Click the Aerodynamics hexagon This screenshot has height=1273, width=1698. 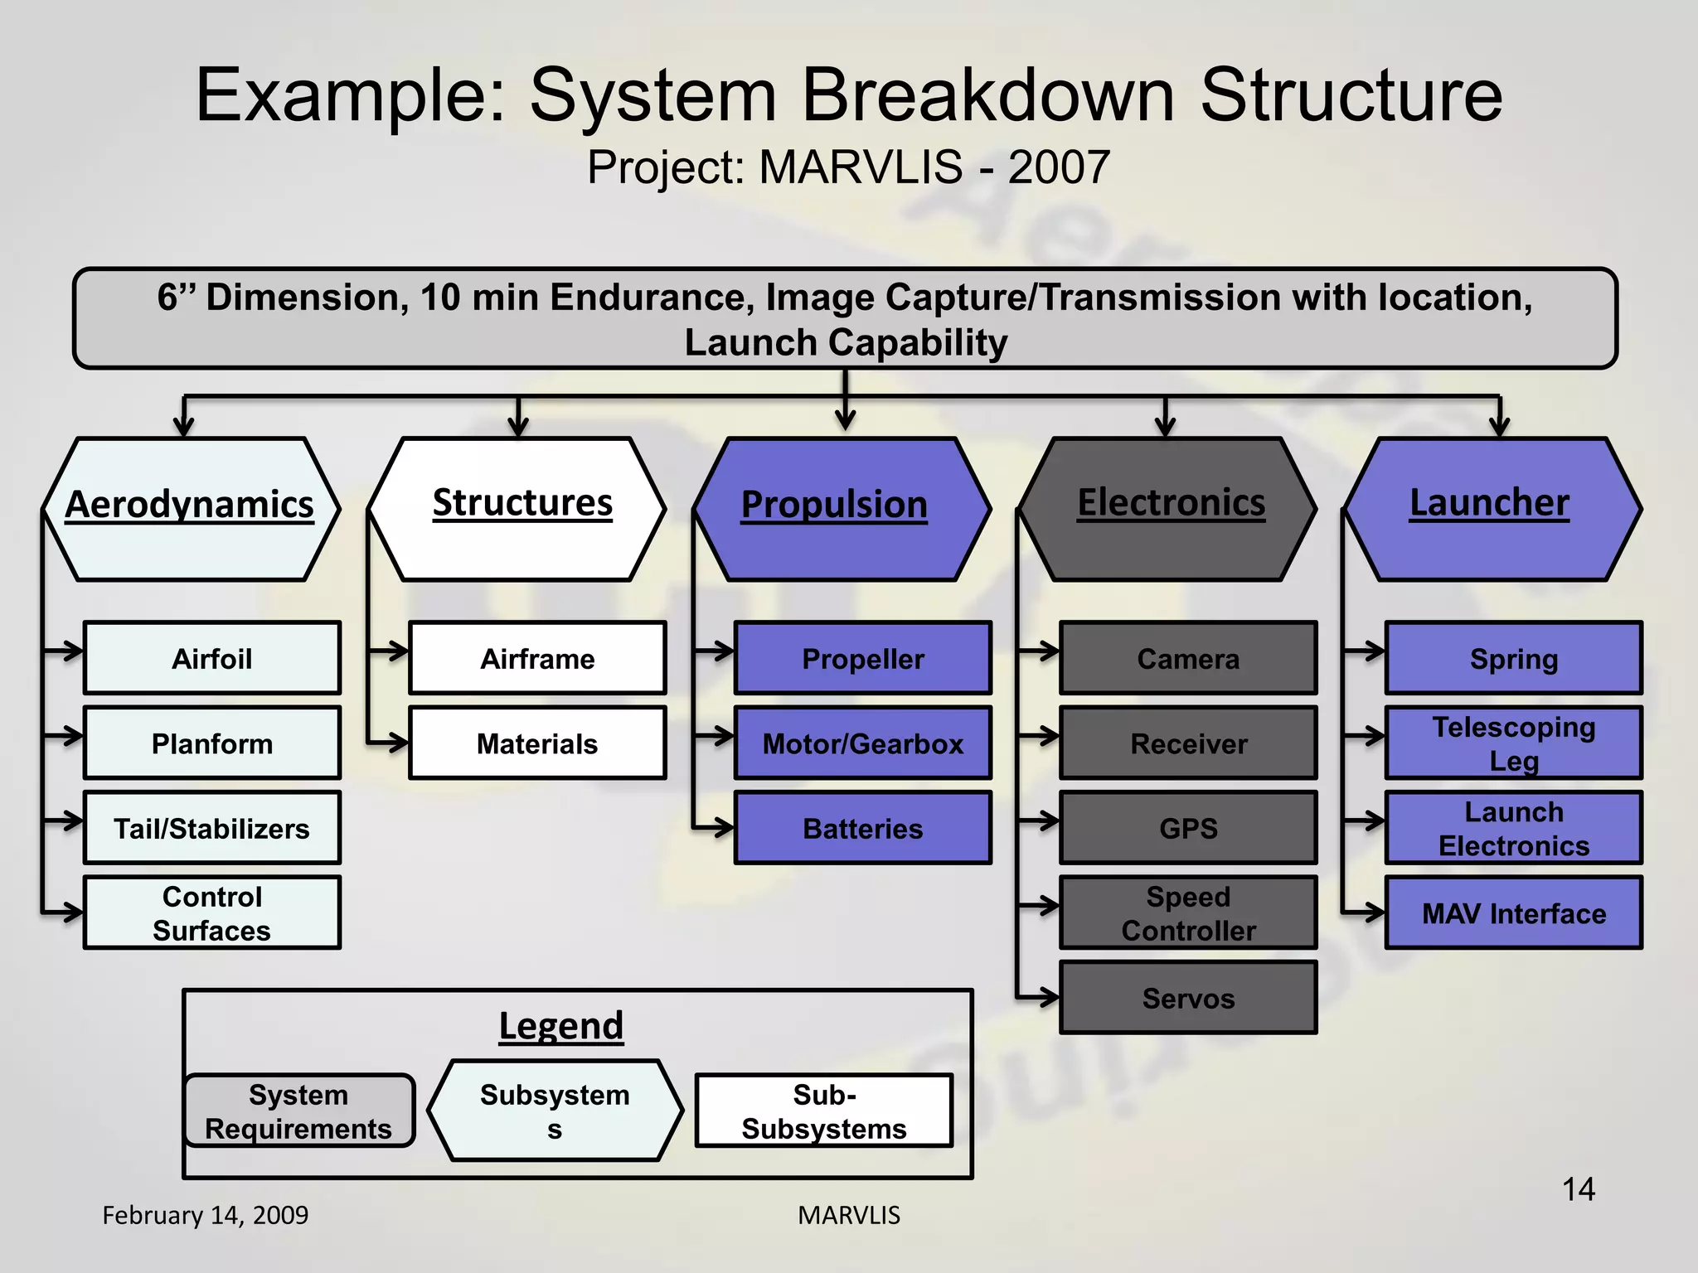click(x=191, y=509)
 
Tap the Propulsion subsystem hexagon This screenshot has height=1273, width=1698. click(x=842, y=509)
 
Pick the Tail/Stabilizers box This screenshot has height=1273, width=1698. click(x=212, y=828)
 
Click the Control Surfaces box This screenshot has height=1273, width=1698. click(x=212, y=912)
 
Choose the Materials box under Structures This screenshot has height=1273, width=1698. click(x=537, y=743)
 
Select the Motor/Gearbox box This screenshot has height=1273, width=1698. click(x=862, y=743)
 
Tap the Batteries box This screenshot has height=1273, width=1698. click(x=862, y=828)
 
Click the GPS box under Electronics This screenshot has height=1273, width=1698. click(x=1188, y=828)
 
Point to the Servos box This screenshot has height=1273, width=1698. click(x=1188, y=998)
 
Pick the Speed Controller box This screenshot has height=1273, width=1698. click(x=1188, y=912)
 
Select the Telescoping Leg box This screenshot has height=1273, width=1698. click(x=1513, y=743)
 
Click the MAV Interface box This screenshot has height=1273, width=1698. click(x=1513, y=912)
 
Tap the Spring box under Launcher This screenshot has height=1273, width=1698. click(x=1513, y=659)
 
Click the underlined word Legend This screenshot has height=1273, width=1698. click(x=560, y=1026)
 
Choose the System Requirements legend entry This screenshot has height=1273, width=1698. click(x=298, y=1111)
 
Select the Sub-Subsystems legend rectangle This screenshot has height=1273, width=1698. click(x=824, y=1111)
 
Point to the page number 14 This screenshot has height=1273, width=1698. click(x=1578, y=1189)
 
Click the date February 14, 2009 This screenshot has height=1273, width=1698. click(x=205, y=1215)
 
